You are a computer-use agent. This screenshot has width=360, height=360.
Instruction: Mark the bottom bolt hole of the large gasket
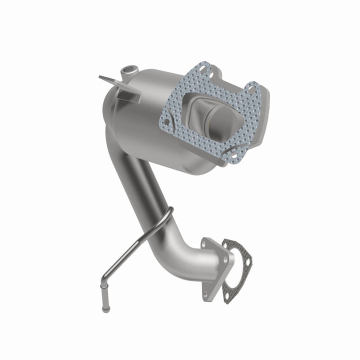(x=228, y=149)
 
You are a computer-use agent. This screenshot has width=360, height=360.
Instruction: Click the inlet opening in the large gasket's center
(x=210, y=112)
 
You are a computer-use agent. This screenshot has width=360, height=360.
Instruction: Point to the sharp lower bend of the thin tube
(x=100, y=278)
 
